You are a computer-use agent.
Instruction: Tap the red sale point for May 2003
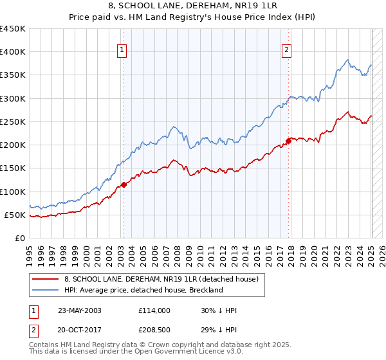point(124,185)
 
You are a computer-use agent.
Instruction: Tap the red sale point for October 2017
point(288,141)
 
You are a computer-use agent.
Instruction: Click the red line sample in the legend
point(46,279)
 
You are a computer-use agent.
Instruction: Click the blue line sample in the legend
point(46,290)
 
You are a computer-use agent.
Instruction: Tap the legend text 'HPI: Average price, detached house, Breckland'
point(143,290)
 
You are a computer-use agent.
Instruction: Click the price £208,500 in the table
point(154,331)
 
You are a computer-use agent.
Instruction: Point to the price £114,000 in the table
point(154,310)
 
